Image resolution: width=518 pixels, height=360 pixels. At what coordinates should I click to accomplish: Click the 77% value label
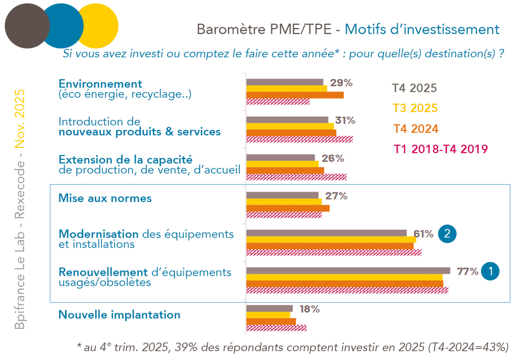tap(467, 271)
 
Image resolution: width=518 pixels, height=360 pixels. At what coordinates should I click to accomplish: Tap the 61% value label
tap(424, 234)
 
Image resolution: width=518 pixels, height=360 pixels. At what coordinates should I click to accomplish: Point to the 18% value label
tap(309, 309)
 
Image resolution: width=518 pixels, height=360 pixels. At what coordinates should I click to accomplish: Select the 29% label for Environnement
tap(341, 83)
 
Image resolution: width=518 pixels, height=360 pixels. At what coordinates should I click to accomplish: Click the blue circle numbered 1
tap(490, 271)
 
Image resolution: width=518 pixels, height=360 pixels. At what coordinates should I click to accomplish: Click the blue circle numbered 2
tap(447, 234)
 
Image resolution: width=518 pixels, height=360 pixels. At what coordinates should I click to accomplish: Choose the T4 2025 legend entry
tap(414, 88)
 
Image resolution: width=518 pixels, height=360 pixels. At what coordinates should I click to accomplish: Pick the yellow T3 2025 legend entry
tap(415, 108)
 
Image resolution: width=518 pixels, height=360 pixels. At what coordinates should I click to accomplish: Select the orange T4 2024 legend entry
tap(416, 129)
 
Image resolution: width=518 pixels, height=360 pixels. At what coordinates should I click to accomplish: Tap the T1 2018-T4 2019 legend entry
tap(440, 149)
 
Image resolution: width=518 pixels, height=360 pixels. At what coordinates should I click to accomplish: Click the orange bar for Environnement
tap(295, 95)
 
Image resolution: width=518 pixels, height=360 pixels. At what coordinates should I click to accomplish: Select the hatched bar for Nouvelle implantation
tap(276, 328)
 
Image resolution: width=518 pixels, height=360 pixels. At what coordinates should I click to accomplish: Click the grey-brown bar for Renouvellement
tap(348, 271)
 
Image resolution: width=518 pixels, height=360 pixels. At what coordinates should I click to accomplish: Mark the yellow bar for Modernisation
tap(331, 240)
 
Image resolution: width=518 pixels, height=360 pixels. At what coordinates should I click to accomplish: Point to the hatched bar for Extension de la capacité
tap(296, 177)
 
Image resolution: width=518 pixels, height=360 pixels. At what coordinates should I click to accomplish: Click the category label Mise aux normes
tap(105, 198)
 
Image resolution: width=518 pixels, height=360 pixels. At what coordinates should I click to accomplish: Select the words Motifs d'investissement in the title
tap(421, 29)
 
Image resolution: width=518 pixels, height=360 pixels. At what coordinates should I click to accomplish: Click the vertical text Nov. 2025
tap(19, 119)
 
